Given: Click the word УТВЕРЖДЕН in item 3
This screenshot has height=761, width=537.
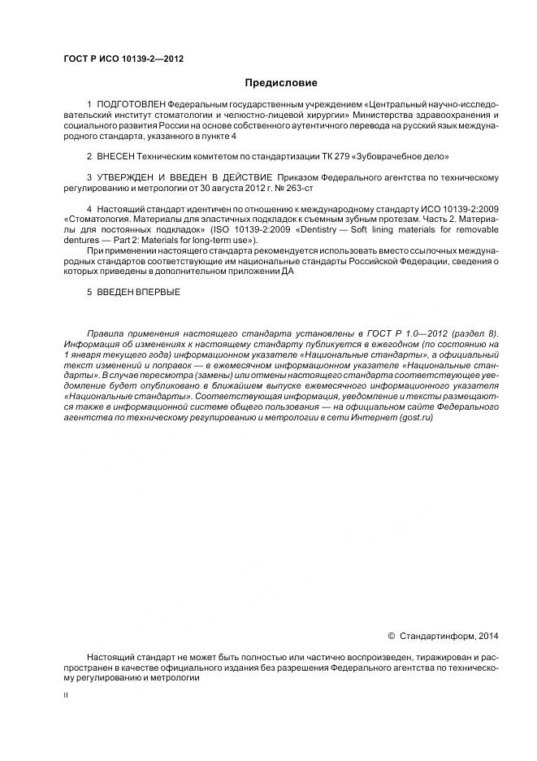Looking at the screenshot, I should (x=129, y=177).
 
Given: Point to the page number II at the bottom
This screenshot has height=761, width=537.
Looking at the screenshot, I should (x=66, y=695).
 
